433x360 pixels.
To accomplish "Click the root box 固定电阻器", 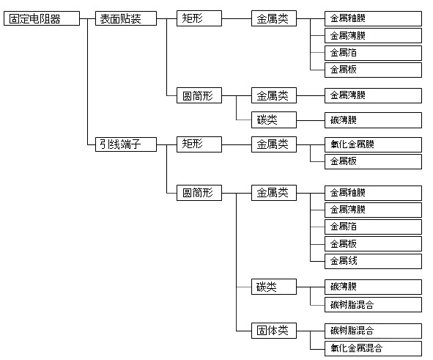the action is [x=42, y=18].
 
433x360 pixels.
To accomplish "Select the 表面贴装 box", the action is [x=126, y=18].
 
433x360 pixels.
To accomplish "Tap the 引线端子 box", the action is [x=126, y=144].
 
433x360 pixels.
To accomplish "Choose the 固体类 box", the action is [x=274, y=331].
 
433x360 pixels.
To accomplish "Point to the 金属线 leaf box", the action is [x=373, y=261].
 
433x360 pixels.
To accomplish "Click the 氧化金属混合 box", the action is [x=373, y=349].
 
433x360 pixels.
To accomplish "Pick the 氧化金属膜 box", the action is [x=373, y=144].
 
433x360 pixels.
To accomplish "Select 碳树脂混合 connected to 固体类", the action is [x=373, y=331].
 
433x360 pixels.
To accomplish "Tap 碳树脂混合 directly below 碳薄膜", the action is [x=373, y=305].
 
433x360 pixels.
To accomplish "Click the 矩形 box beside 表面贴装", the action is [x=199, y=18].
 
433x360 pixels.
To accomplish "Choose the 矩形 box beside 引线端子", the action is [x=199, y=144].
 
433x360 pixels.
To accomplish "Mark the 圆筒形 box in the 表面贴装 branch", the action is [x=199, y=95].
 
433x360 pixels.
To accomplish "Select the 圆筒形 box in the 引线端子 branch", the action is [x=199, y=193].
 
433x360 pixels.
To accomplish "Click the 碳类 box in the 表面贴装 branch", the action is [x=274, y=120].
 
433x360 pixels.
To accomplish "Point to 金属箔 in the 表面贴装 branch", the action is [x=373, y=53].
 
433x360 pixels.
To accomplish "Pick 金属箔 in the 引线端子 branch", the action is [x=373, y=227].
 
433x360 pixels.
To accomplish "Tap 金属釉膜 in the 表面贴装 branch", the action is [x=373, y=19].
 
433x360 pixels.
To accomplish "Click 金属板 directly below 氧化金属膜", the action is [x=373, y=161].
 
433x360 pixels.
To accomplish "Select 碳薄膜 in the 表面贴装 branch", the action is [x=373, y=120].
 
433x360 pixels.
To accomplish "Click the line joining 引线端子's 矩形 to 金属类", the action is [x=237, y=144].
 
